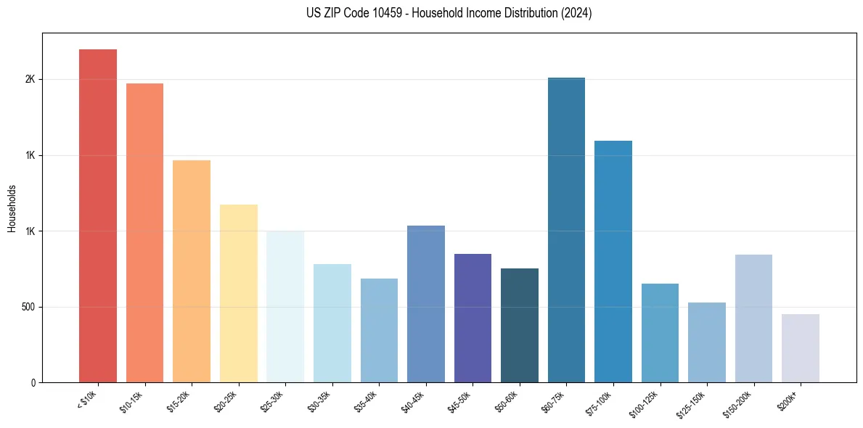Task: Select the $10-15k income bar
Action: (x=144, y=233)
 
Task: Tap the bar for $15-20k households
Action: (x=192, y=271)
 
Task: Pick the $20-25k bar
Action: (x=238, y=293)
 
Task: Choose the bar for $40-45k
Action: (x=425, y=304)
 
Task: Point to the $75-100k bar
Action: (x=613, y=261)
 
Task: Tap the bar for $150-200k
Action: (x=753, y=318)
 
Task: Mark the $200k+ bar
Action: (x=800, y=348)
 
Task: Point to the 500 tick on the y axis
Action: (x=28, y=307)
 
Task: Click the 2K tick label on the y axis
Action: (x=30, y=79)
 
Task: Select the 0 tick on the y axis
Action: (x=33, y=382)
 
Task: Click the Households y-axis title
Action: (x=12, y=207)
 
